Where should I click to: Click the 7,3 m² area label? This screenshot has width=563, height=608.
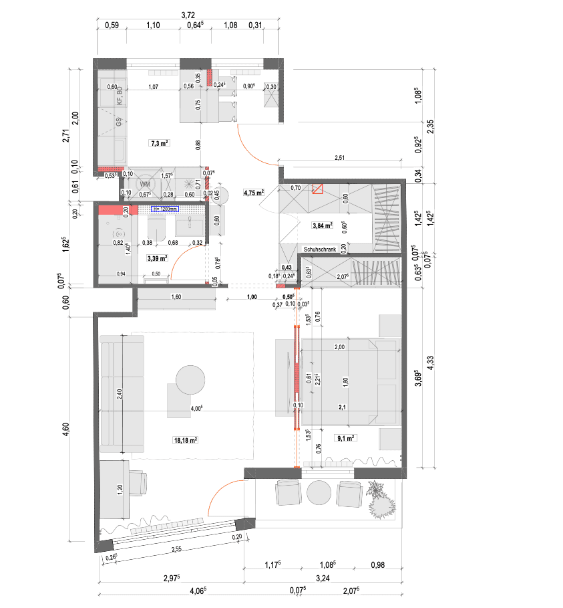point(159,143)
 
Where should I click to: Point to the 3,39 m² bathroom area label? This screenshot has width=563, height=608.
point(156,257)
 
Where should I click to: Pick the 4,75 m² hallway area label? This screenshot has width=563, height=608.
point(254,193)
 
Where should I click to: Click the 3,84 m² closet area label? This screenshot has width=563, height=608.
point(322,226)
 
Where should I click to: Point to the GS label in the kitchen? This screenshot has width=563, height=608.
point(120,122)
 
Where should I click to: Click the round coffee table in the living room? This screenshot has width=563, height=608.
point(190,380)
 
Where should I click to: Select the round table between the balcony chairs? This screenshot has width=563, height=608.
point(319,494)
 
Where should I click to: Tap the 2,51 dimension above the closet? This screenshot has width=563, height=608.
point(340,159)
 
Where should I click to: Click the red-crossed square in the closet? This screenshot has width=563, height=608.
point(318,189)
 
